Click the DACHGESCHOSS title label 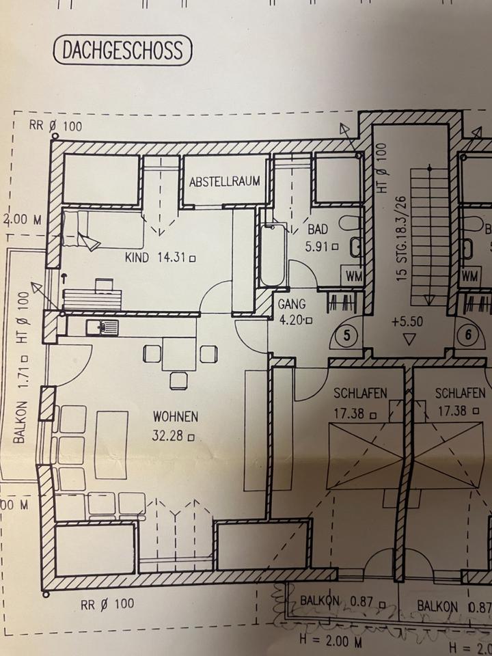click(122, 50)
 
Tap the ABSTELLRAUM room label click(225, 181)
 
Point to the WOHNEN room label click(176, 415)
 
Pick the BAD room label click(318, 230)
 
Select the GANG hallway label click(292, 303)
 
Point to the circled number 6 click(469, 336)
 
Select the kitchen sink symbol click(102, 327)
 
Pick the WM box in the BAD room click(353, 277)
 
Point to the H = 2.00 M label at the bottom click(331, 641)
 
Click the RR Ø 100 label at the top click(55, 126)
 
